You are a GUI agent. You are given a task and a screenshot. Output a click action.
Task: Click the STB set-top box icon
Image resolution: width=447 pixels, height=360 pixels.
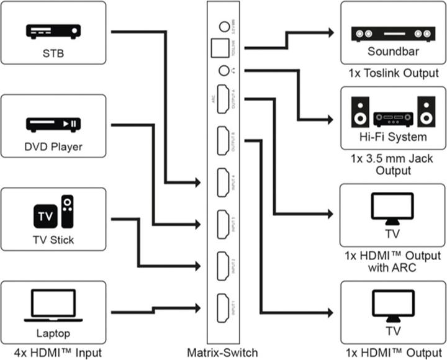[x=53, y=30]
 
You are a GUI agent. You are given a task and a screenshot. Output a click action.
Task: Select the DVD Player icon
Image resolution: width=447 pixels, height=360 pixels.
[x=53, y=124]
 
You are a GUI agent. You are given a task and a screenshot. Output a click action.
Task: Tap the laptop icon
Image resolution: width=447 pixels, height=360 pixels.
[x=53, y=306]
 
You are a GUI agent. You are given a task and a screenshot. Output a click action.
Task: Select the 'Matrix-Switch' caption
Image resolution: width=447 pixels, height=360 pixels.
[x=223, y=353]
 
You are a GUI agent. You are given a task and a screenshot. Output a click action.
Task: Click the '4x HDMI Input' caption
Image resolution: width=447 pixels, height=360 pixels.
[x=53, y=353]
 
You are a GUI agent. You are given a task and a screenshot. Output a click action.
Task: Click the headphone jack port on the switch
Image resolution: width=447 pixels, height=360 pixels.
[x=223, y=71]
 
